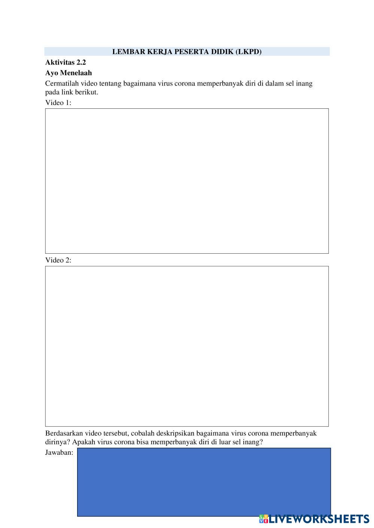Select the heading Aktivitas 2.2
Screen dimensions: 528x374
(x=66, y=62)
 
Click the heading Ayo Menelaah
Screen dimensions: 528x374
(x=69, y=73)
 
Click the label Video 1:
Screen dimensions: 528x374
(x=58, y=103)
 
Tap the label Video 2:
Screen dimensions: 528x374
(x=58, y=260)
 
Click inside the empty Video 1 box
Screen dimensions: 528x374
(x=187, y=181)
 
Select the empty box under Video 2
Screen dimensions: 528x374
(x=187, y=346)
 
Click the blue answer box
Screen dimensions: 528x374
(x=204, y=482)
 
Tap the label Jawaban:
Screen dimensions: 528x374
(x=59, y=453)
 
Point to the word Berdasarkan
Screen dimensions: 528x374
(x=64, y=433)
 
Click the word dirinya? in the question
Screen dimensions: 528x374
(x=58, y=442)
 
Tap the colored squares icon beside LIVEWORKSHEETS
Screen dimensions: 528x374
(x=264, y=519)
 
